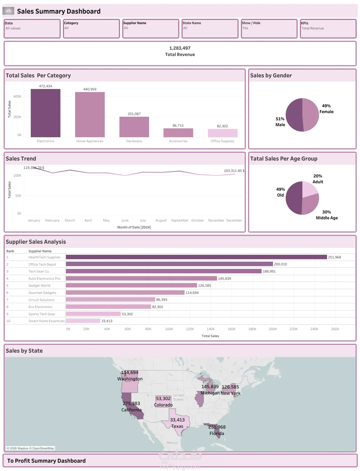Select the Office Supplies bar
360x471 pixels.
(223, 133)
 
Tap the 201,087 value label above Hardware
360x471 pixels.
(134, 114)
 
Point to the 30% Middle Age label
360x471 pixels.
(326, 215)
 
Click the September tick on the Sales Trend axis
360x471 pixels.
(180, 220)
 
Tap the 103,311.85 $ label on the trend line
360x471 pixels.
(234, 171)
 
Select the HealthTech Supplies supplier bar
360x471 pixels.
(196, 257)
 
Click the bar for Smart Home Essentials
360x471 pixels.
(83, 321)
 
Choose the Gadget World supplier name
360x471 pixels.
(39, 286)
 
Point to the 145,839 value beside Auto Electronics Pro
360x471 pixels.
(224, 279)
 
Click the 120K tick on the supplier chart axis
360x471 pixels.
(190, 329)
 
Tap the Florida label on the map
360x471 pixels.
(217, 434)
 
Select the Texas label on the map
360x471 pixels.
(177, 426)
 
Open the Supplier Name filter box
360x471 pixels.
(150, 28)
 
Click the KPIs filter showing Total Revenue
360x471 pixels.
(328, 28)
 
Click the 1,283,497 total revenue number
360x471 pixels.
(180, 48)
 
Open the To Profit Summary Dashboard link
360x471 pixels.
(47, 461)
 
